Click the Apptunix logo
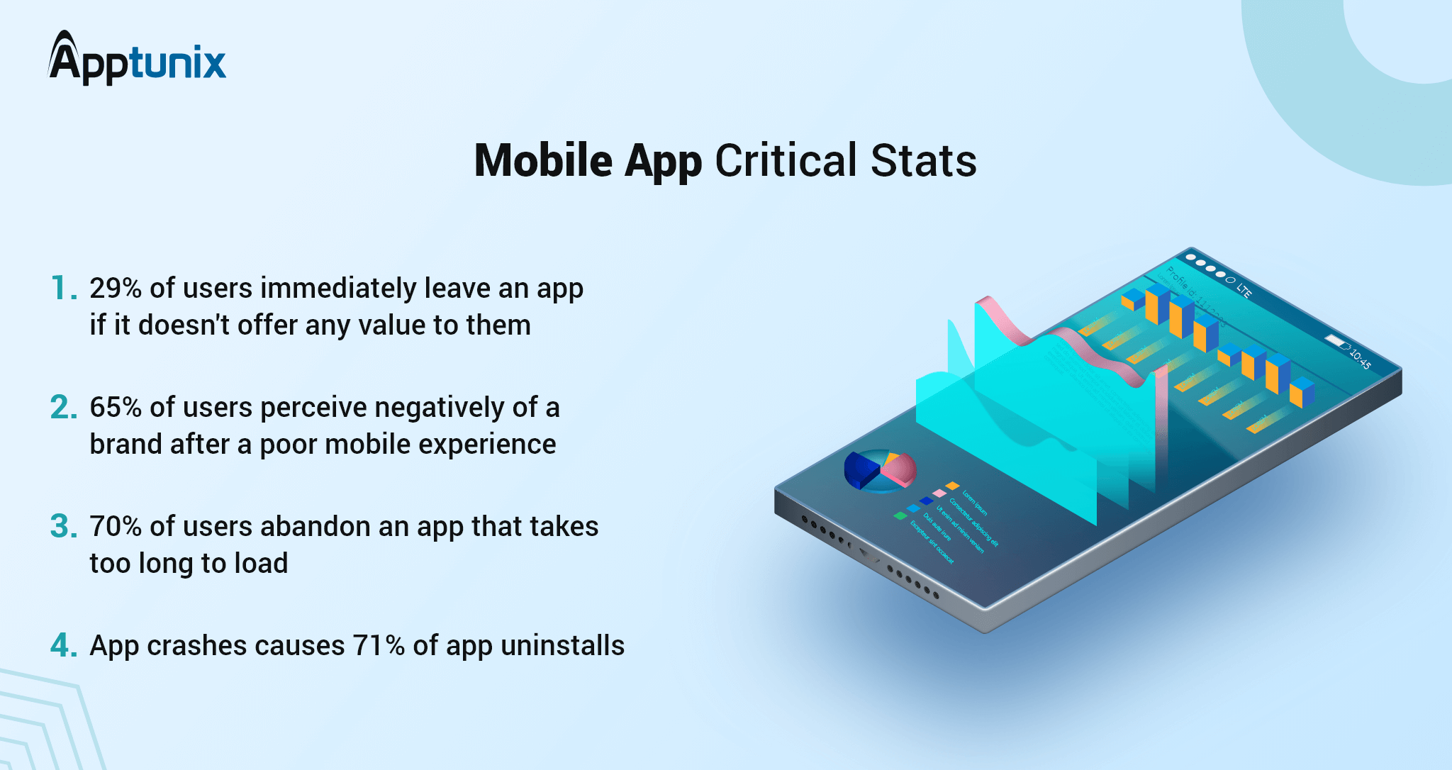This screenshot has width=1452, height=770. (137, 58)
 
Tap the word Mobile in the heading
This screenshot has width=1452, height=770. (543, 161)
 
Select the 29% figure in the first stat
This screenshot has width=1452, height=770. (116, 289)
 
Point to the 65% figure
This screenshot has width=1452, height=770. (116, 408)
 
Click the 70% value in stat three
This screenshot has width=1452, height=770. (116, 527)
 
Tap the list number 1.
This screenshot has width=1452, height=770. (63, 289)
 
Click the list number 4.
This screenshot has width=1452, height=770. (63, 646)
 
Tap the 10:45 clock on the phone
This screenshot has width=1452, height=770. (1360, 359)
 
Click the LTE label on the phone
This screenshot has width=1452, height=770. (1244, 290)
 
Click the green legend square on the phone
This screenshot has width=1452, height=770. (900, 516)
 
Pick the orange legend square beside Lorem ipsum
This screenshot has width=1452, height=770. (952, 486)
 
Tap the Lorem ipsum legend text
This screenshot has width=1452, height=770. (975, 502)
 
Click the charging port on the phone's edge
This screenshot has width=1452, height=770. (869, 554)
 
